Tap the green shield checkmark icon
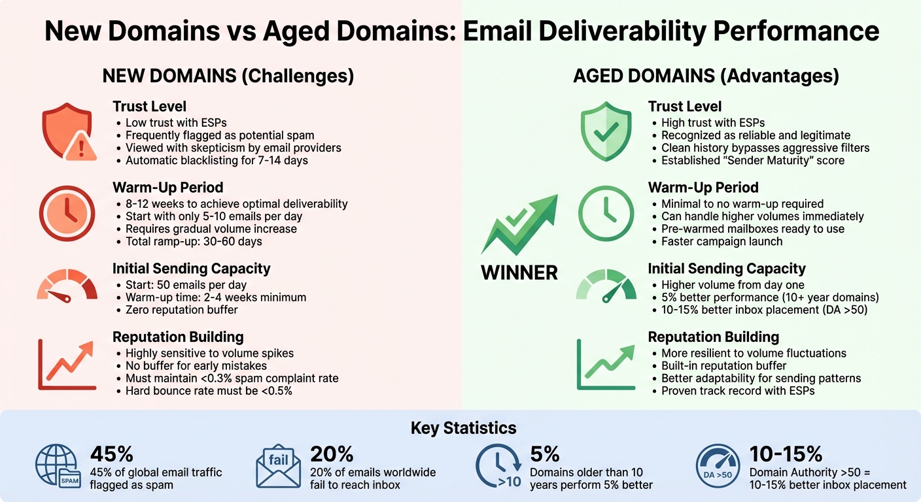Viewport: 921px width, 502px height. point(606,134)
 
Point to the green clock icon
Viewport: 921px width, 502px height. point(606,214)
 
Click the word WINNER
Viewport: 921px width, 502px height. point(519,272)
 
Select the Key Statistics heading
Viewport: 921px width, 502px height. point(463,428)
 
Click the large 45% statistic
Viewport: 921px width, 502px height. point(112,454)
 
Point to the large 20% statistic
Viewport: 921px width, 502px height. point(332,454)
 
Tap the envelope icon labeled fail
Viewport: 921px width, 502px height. point(278,467)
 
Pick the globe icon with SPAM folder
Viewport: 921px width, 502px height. point(58,467)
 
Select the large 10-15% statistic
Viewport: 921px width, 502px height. point(786,454)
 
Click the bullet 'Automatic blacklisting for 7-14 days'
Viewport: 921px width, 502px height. point(217,160)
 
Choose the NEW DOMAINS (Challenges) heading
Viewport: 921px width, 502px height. point(228,76)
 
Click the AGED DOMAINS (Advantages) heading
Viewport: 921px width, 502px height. point(706,76)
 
